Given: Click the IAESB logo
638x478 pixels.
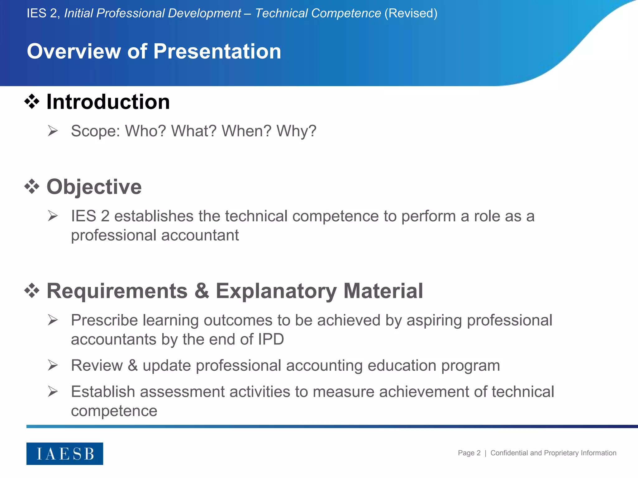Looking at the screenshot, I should click(x=64, y=453).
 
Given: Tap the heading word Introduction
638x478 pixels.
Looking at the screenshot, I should click(x=108, y=102).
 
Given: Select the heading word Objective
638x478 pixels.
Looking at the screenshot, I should click(x=94, y=187).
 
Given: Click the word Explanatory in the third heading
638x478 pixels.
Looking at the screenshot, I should click(x=276, y=291).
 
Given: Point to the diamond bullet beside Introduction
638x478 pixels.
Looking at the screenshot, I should click(x=32, y=102).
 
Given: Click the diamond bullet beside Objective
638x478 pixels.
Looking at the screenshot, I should click(x=32, y=187).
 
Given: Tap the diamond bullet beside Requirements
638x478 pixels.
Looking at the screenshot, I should click(x=32, y=291).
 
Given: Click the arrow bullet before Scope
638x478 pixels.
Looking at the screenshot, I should click(x=53, y=131).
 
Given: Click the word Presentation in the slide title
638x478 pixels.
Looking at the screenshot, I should click(x=217, y=51).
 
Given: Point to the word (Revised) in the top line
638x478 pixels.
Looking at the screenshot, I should click(x=411, y=13).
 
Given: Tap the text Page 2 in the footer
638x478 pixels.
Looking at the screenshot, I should click(x=469, y=453).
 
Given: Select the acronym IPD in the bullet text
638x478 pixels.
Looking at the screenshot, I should click(x=271, y=339).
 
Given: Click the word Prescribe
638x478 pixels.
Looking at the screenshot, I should click(x=104, y=320).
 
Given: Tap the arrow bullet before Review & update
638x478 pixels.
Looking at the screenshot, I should click(x=53, y=365).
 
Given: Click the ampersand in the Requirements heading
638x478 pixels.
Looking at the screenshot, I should click(x=202, y=291).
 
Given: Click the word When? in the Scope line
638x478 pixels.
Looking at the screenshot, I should click(x=246, y=131).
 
